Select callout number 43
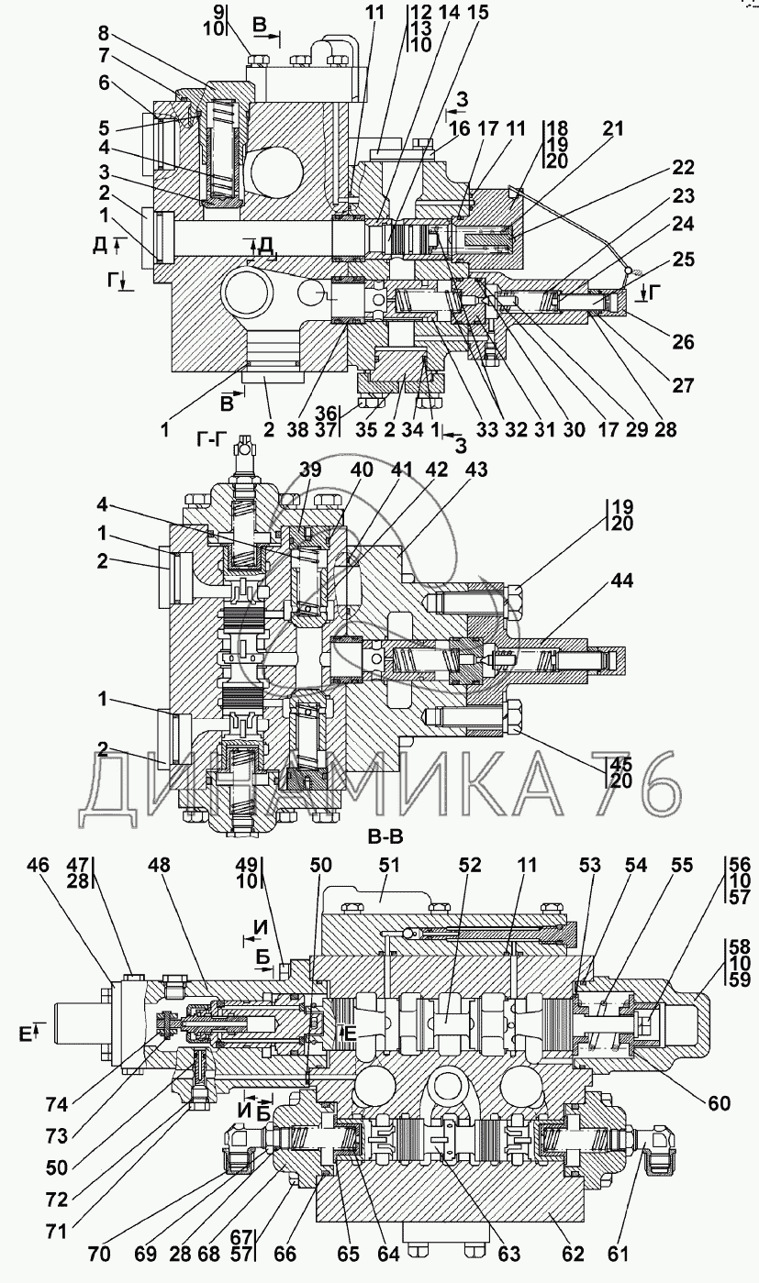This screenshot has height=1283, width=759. (476, 470)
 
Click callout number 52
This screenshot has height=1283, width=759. (470, 865)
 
